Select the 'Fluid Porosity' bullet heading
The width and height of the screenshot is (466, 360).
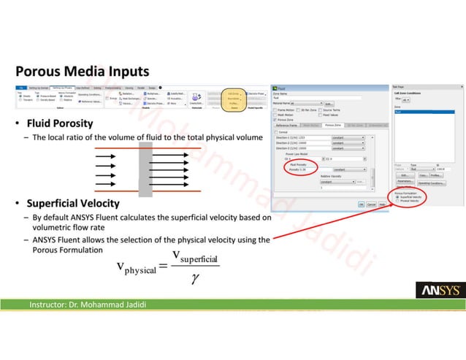click(x=60, y=122)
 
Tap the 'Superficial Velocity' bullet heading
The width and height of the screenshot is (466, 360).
click(x=73, y=202)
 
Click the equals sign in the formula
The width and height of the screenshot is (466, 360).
click(x=163, y=267)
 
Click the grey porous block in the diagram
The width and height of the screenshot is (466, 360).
click(x=145, y=169)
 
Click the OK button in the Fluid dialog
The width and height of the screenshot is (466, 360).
click(x=361, y=204)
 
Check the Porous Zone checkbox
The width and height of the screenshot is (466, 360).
click(x=275, y=120)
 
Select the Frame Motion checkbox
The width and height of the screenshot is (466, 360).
click(x=275, y=110)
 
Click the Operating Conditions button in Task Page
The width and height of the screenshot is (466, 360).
click(x=438, y=183)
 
